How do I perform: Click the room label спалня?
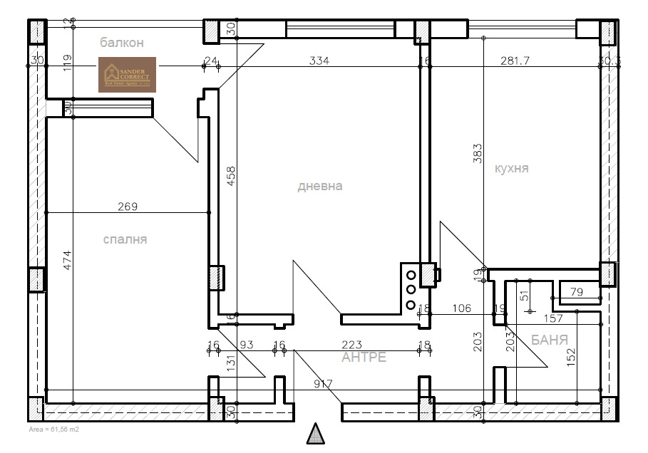coord(125,239)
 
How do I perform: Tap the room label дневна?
coord(320,186)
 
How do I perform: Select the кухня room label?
coord(511,168)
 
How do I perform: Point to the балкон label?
coord(122,43)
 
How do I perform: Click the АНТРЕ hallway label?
coord(364,357)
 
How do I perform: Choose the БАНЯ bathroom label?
coord(550,340)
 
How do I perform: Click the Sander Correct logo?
coord(127,75)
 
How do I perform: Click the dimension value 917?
coord(324,384)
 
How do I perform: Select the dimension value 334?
coord(319,61)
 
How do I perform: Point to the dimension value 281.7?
coord(515,61)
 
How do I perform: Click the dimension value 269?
coord(128,207)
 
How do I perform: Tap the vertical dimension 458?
coord(230,177)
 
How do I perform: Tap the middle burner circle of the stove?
coord(411,289)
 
